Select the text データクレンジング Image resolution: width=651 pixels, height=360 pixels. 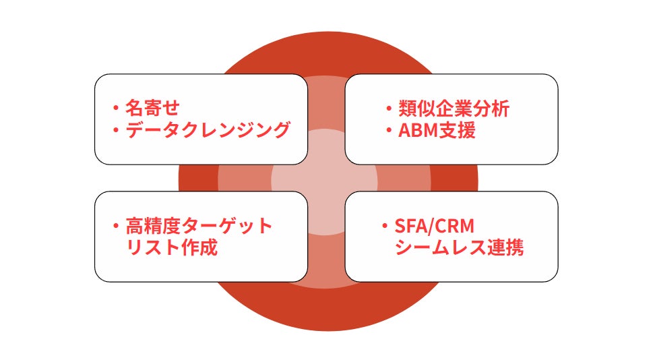click(208, 130)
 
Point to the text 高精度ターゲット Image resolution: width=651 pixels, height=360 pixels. click(199, 224)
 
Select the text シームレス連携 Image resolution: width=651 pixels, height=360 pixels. click(459, 247)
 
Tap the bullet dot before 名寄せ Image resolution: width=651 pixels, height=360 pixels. click(116, 108)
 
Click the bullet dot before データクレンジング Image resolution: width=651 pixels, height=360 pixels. click(116, 130)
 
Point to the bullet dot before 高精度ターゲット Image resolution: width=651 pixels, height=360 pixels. click(116, 224)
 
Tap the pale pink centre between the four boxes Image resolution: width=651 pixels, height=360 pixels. click(326, 179)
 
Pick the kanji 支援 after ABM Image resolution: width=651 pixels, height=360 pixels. click(458, 130)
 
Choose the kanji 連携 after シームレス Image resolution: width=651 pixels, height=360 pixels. click(506, 247)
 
